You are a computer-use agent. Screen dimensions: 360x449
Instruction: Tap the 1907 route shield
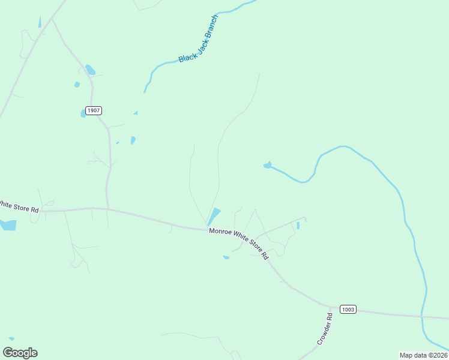coord(93,111)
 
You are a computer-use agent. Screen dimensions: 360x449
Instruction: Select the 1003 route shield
coord(348,309)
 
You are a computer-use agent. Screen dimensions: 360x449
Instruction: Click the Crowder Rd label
coord(325,328)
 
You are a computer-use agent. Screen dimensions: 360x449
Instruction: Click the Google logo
coord(20,353)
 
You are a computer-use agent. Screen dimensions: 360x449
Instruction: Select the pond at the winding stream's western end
coord(267,165)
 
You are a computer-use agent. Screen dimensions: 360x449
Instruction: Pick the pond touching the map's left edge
coord(7,225)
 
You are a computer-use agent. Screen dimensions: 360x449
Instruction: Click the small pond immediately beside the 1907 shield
coord(83,113)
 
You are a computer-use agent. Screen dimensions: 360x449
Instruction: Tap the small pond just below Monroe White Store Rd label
coord(226,257)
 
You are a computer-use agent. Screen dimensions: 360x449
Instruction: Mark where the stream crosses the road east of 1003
coord(422,316)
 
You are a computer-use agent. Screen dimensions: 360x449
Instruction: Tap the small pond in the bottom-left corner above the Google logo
coord(11,339)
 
